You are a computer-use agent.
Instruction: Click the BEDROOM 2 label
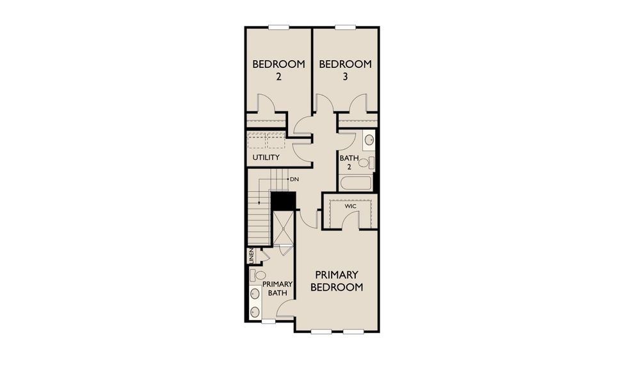(x=278, y=70)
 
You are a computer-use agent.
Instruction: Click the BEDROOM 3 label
(x=345, y=70)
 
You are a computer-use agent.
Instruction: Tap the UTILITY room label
(x=266, y=157)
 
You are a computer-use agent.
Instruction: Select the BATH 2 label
(x=349, y=163)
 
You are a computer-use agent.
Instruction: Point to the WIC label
(x=350, y=207)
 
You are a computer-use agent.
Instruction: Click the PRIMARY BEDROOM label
(x=337, y=281)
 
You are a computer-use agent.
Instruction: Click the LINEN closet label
(x=252, y=256)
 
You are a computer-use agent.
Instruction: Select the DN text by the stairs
(x=294, y=179)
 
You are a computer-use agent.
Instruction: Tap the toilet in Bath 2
(x=365, y=162)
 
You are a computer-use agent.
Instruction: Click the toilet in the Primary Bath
(x=259, y=275)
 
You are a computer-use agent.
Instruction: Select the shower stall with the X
(x=282, y=227)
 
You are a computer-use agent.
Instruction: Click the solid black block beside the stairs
(x=282, y=200)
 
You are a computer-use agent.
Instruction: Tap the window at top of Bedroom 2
(x=278, y=27)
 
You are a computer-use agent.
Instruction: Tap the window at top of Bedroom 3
(x=345, y=27)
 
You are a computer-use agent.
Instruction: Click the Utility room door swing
(x=301, y=148)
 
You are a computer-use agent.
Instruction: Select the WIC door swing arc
(x=349, y=220)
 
